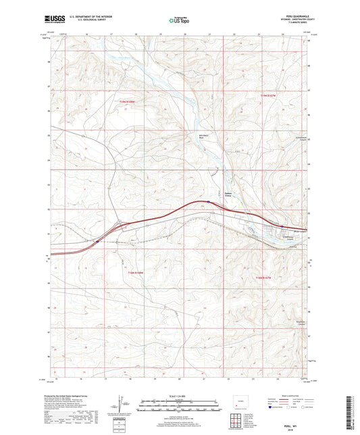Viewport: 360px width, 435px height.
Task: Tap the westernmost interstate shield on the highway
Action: [x=99, y=240]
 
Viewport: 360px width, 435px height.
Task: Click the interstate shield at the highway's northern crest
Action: [x=208, y=201]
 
